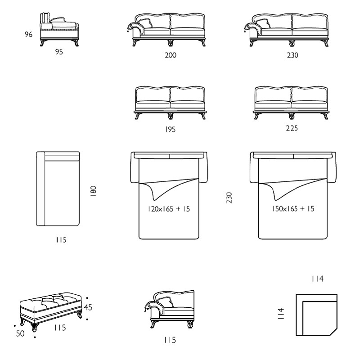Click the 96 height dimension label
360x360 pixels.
coord(28,35)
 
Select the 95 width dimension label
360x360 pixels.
coord(59,52)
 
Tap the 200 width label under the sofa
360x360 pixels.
coord(171,55)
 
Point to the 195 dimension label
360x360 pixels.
coord(171,130)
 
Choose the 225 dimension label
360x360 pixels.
coord(292,128)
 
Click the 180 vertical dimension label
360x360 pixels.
coord(93,191)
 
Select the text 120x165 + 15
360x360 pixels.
coord(169,209)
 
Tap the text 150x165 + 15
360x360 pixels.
coord(293,209)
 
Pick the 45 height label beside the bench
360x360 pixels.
coord(88,307)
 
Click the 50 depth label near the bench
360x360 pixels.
coord(20,333)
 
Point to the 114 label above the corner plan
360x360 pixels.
coord(318,279)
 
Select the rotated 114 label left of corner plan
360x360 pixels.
coord(281,314)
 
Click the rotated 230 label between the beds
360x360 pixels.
coord(229,198)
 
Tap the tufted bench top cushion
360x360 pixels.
coord(50,301)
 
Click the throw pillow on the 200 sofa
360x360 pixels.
coord(145,23)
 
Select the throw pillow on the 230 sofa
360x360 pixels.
coord(262,23)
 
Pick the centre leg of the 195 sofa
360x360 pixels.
coord(170,116)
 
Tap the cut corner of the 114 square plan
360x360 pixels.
coord(333,332)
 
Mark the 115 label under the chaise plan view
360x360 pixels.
coord(61,240)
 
